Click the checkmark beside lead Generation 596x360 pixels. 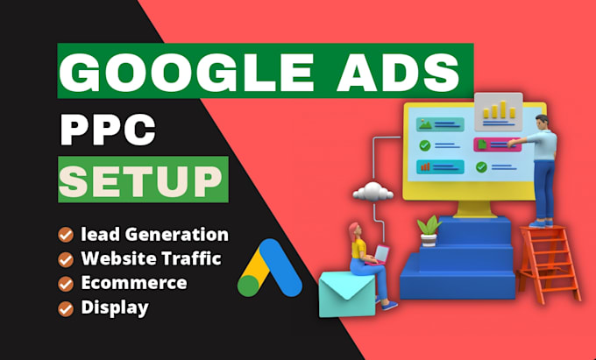[66, 235]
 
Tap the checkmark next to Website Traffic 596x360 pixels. [66, 259]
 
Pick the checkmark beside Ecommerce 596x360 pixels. [66, 284]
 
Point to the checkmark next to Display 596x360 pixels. [66, 308]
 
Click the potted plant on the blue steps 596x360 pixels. [429, 229]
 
